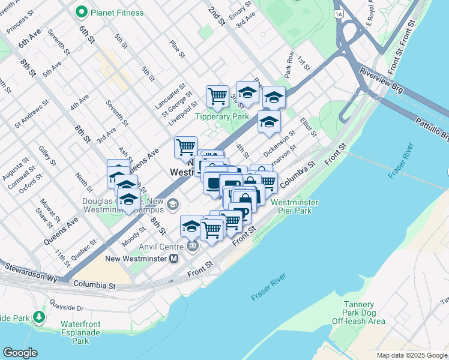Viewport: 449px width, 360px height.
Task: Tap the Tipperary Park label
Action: (220, 116)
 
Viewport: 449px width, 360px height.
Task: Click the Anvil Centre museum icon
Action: (193, 245)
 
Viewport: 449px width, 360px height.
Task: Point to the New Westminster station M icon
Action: (174, 259)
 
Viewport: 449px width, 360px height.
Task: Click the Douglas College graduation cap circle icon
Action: (173, 205)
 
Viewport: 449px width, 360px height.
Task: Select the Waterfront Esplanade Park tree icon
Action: (40, 316)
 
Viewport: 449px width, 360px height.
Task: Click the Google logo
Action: (20, 353)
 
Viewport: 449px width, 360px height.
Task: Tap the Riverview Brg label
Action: (379, 82)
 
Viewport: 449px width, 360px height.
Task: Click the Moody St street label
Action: (134, 236)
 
